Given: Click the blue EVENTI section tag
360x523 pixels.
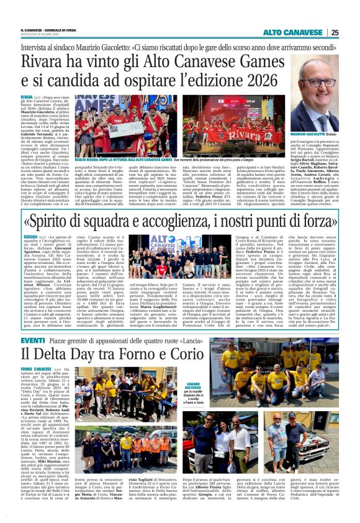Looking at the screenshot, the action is (32, 341).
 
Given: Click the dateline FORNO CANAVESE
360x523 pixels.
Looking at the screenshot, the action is (36, 369).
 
